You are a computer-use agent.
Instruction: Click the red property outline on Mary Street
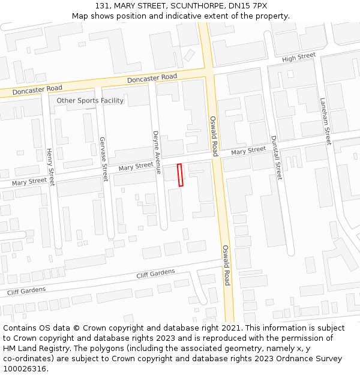180,175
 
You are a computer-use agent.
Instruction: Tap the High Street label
298,56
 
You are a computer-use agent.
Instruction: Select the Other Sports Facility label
90,100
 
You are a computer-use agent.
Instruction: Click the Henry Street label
50,167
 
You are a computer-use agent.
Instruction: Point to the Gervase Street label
103,159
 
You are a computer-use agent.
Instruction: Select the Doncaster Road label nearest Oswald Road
152,78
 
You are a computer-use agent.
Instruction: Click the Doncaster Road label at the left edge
37,89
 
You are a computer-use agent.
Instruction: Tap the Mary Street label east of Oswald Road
248,150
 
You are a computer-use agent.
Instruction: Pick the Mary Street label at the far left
29,181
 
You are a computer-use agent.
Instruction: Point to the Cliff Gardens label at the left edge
26,291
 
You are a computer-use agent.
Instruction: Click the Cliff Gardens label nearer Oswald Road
155,274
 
